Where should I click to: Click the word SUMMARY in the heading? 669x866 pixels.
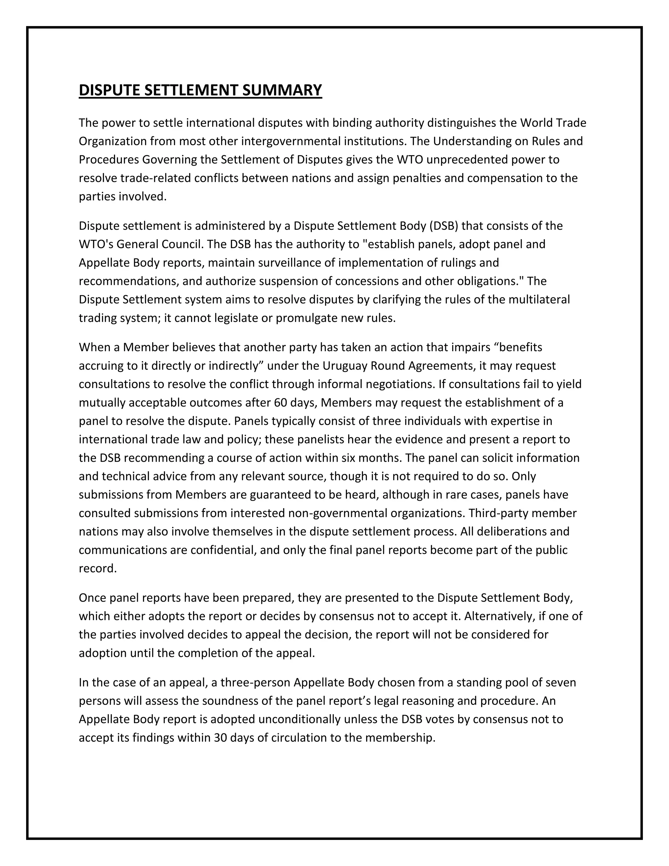pyautogui.click(x=282, y=91)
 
